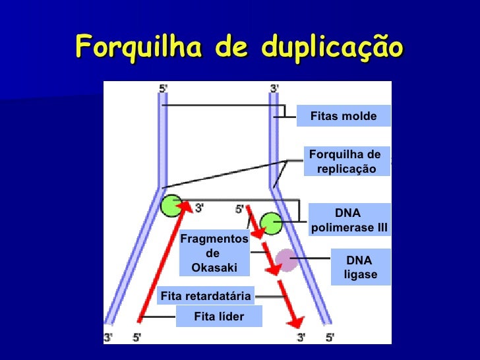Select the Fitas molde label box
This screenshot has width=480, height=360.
pos(343,116)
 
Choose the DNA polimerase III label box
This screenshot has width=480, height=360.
pos(349,221)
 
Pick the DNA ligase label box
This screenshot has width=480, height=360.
pos(360,267)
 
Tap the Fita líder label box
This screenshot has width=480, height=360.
pos(219,316)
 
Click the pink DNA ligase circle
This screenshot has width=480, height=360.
pos(287,260)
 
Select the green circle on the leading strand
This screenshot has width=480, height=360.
pos(171,206)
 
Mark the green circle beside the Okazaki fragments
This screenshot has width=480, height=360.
pos(270,223)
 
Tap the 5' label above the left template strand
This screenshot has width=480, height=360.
pos(164,88)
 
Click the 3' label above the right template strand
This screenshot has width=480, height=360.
pos(275,88)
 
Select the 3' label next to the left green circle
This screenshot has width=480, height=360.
pos(198,208)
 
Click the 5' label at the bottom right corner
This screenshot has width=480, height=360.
pos(329,337)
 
